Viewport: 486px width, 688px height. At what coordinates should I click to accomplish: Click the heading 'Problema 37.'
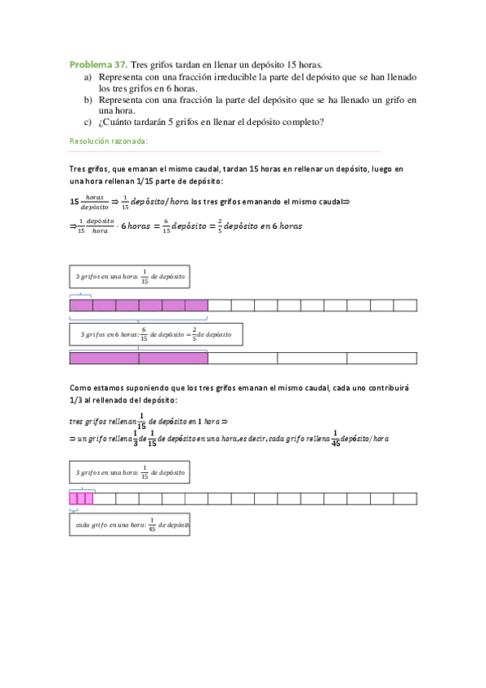pos(97,63)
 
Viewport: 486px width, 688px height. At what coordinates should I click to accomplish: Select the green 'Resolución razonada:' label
pos(108,141)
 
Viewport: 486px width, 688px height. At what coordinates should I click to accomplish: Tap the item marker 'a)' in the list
pos(88,76)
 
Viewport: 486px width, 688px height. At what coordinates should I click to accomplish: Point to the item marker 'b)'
pos(88,99)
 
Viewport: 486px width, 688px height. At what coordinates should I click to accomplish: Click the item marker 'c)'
pos(88,123)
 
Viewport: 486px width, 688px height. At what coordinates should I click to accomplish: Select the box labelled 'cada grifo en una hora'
pos(130,524)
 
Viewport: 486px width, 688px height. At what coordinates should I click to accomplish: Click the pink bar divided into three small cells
pos(81,498)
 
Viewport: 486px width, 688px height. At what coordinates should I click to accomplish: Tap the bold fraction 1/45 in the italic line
pos(335,438)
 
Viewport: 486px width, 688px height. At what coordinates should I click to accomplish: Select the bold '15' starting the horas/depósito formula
pos(75,200)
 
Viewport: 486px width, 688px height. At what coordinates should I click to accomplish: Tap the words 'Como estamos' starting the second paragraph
pos(97,388)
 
